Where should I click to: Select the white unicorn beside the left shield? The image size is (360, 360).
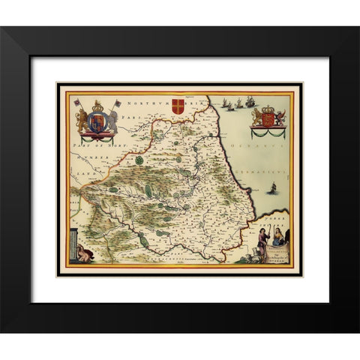click(x=112, y=119)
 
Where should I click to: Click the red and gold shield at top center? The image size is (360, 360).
click(x=178, y=105)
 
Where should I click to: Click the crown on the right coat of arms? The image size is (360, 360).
click(x=268, y=108)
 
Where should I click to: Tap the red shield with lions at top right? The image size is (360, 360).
click(x=268, y=118)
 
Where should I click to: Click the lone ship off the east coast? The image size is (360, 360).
click(x=268, y=190)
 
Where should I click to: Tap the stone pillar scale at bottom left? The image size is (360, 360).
click(x=73, y=244)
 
